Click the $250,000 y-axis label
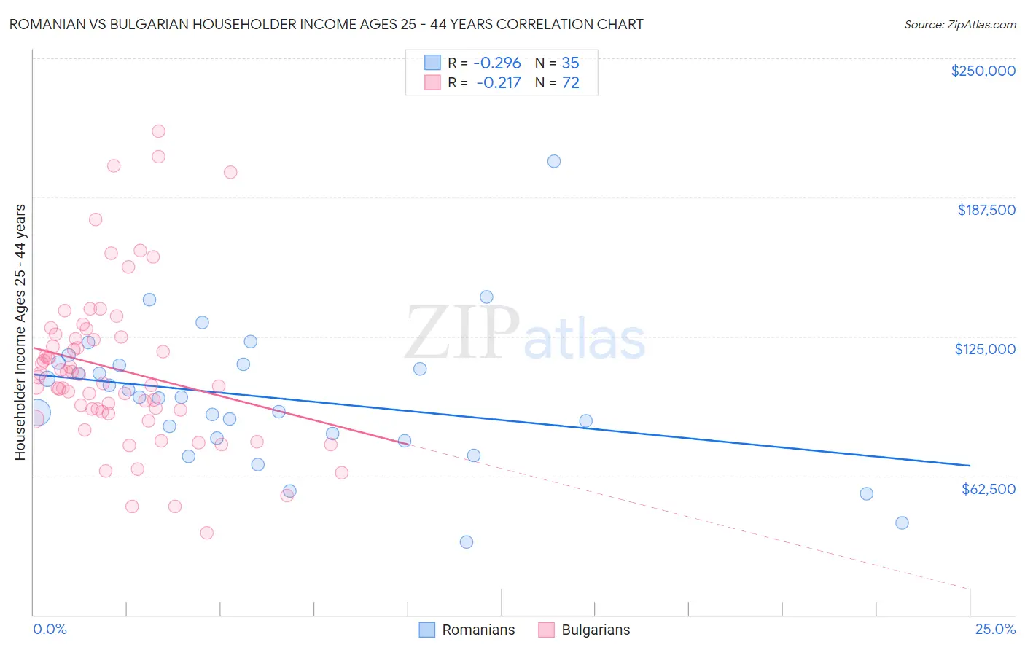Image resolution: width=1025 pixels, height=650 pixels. [x=983, y=71]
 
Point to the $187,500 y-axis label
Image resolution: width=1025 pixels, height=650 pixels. [x=986, y=210]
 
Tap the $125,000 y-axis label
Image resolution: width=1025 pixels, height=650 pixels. [x=985, y=349]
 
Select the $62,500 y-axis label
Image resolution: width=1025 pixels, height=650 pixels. [x=988, y=489]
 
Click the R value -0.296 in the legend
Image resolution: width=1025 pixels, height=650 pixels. [x=498, y=63]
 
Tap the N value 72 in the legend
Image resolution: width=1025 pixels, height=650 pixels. [x=570, y=83]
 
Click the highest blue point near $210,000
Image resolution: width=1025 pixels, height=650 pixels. [x=554, y=161]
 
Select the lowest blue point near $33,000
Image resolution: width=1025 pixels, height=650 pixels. [x=467, y=542]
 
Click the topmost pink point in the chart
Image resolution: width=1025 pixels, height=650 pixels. [x=158, y=131]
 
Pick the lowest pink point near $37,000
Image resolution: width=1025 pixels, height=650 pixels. [x=206, y=533]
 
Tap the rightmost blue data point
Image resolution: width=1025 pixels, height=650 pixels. [x=902, y=522]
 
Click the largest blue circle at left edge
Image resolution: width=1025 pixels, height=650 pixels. [x=36, y=413]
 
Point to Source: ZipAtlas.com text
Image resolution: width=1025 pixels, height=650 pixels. [x=959, y=24]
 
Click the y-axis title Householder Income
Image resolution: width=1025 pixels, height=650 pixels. [x=20, y=332]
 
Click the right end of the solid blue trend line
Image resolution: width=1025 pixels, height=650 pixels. [x=970, y=465]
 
